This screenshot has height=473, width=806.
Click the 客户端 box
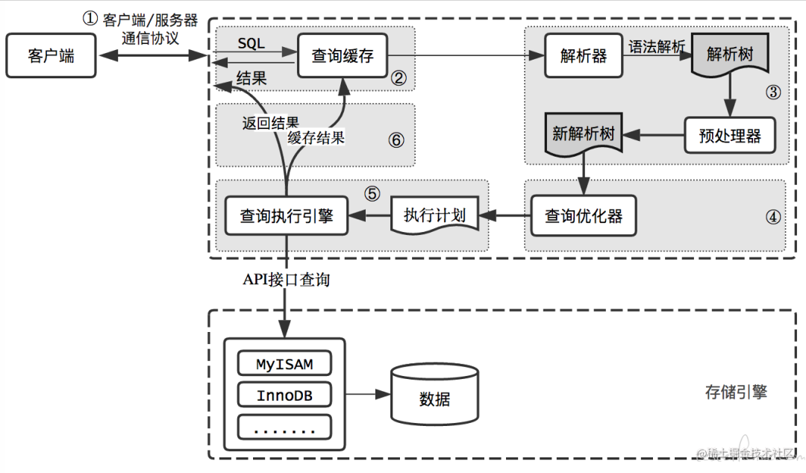[x=51, y=55]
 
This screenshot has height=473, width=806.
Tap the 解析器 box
[x=583, y=55]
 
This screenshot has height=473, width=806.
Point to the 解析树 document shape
[x=730, y=55]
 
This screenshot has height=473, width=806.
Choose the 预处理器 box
[x=730, y=136]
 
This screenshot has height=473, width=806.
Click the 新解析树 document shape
[x=583, y=134]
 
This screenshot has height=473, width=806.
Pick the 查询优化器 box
[x=583, y=216]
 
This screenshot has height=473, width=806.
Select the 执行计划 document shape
[x=434, y=216]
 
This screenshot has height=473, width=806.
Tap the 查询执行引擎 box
[x=287, y=216]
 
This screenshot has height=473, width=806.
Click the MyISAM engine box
[x=284, y=364]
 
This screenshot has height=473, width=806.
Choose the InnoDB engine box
[x=284, y=395]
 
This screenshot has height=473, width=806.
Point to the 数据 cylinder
[x=434, y=395]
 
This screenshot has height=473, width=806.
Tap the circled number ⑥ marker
[x=396, y=140]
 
